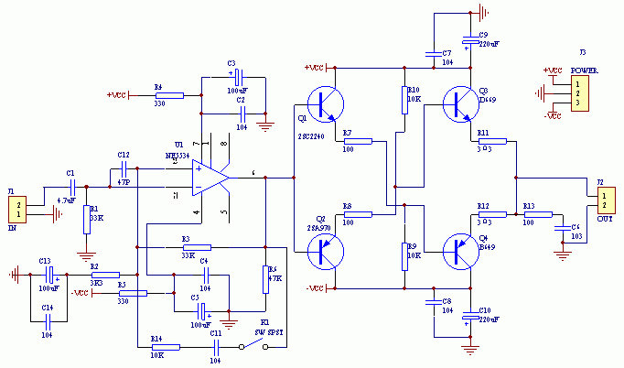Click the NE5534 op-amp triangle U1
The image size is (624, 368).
click(212, 177)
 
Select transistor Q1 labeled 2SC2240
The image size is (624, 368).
click(322, 103)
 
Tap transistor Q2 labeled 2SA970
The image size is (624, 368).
click(322, 250)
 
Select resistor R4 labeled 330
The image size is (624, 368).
click(170, 94)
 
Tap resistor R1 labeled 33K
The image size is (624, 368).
click(86, 217)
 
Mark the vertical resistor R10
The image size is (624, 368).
click(404, 100)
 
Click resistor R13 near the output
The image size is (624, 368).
click(538, 214)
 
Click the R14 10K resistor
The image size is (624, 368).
click(166, 347)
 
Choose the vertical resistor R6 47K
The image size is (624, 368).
click(264, 278)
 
